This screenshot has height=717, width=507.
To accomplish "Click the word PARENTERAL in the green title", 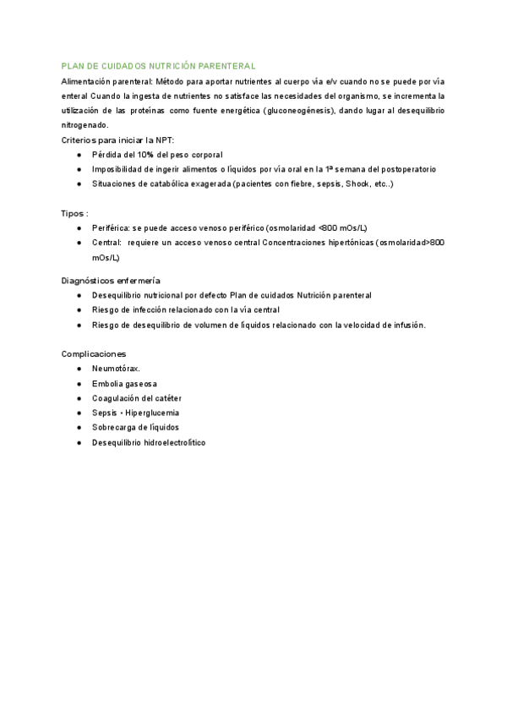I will [226, 65].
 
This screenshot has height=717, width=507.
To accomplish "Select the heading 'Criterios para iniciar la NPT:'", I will [118, 140].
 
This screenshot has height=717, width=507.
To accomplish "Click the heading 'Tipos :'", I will [75, 213].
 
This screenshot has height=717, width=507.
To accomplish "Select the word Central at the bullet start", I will [106, 243].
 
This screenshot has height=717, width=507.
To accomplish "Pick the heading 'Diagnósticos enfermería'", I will [112, 280].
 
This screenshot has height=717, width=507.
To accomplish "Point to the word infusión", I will [406, 325].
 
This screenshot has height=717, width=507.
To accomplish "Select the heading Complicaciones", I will [94, 353].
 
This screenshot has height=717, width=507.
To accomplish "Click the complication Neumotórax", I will [117, 369].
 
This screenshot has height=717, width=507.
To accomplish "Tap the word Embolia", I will [108, 384].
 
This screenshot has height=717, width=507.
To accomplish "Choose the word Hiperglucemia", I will [154, 413].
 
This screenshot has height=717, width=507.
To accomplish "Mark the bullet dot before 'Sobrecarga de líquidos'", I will [78, 428].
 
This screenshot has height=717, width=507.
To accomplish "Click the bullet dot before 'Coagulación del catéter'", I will [78, 398].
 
